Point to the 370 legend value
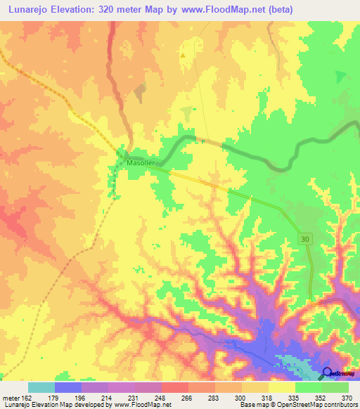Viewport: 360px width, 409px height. pos(348,397)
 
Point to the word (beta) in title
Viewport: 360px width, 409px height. pos(276,9)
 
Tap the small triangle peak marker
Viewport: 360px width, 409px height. pos(183,55)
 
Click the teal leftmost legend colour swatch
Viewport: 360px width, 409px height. pos(41,387)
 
